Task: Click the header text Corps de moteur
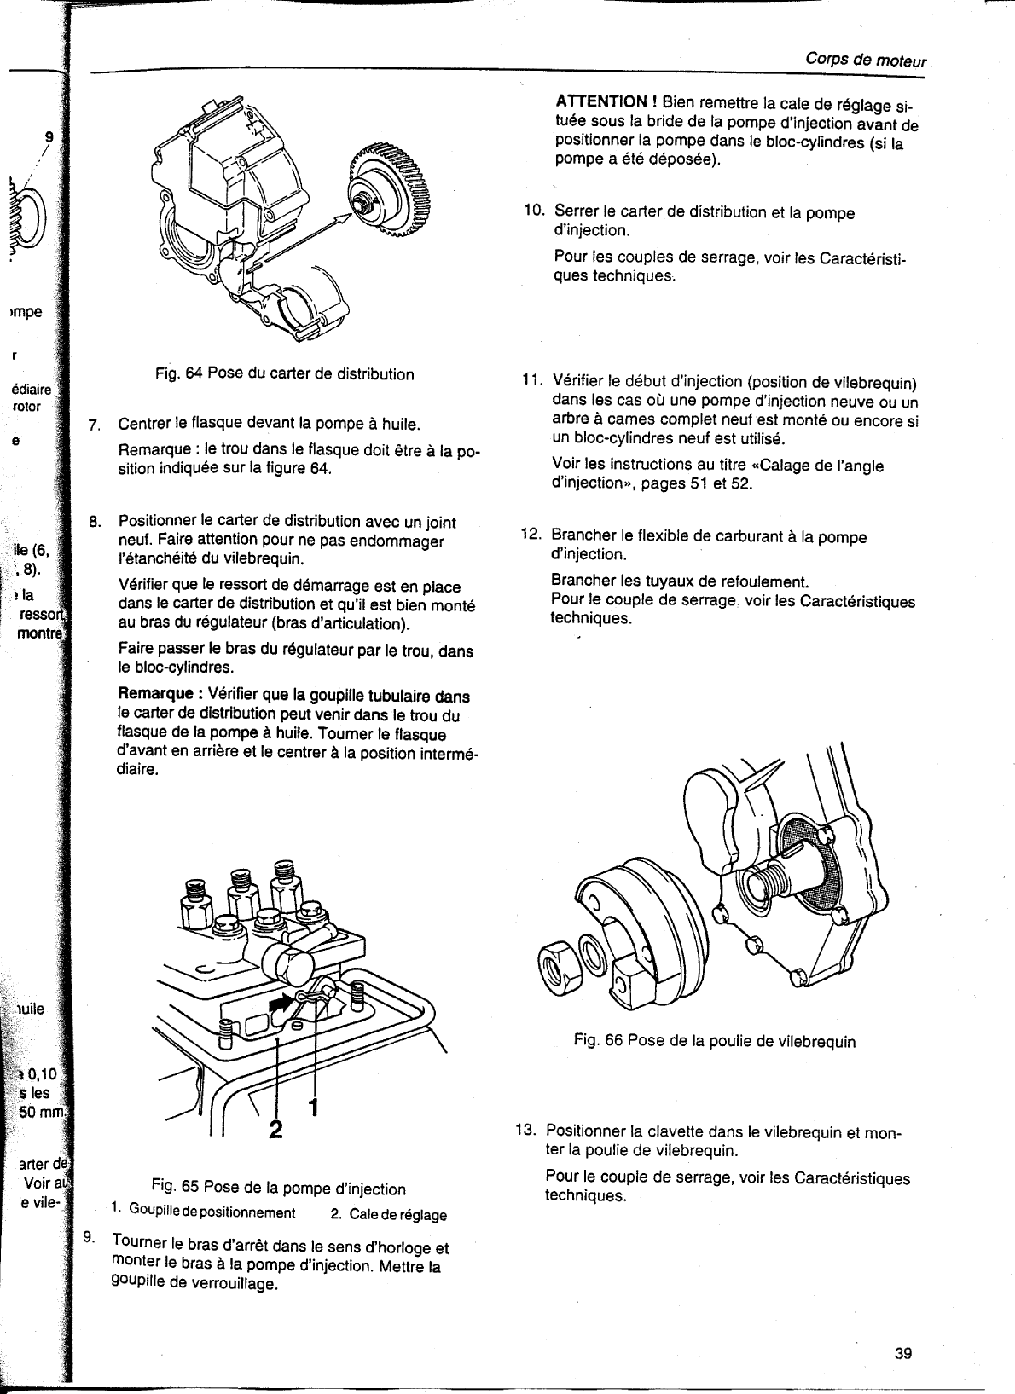pyautogui.click(x=865, y=61)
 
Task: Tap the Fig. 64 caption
pyautogui.click(x=284, y=373)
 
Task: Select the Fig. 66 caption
pyautogui.click(x=714, y=1041)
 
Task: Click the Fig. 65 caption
pyautogui.click(x=277, y=1189)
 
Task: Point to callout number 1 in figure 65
pyautogui.click(x=313, y=1107)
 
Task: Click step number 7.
pyautogui.click(x=96, y=424)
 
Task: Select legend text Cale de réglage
pyautogui.click(x=397, y=1214)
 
